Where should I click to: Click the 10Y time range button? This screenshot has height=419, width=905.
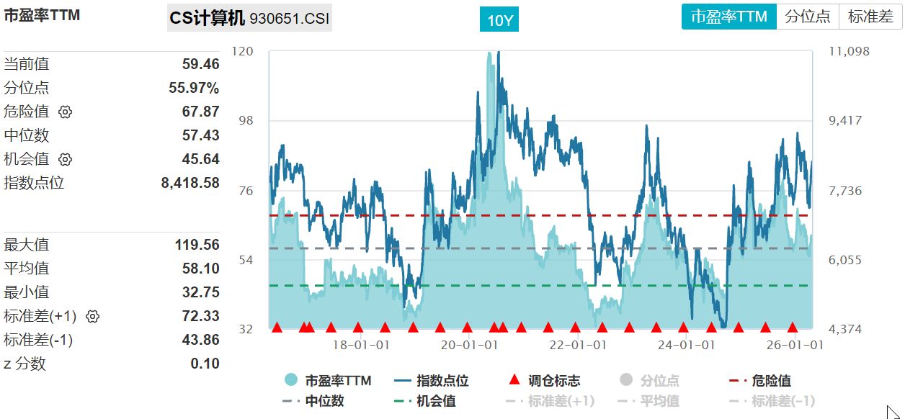coord(499,20)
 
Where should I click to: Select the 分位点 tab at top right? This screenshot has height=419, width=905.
coord(807,17)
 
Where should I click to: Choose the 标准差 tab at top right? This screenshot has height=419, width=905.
coord(870,17)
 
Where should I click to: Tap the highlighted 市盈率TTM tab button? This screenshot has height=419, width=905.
coord(729,17)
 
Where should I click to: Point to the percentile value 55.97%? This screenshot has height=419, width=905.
coord(194,88)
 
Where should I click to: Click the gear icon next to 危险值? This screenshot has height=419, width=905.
coord(66,112)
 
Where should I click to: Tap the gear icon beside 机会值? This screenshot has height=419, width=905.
coord(66,159)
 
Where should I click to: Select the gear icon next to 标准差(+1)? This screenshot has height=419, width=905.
coord(92,316)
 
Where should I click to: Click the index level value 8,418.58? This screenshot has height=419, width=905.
coord(190,183)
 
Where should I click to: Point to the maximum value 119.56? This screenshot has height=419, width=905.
coord(197,245)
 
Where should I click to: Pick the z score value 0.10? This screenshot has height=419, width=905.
coord(205,364)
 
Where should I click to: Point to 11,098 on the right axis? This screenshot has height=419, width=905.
coord(849,51)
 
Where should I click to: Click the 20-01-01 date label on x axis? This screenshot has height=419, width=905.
coord(469,345)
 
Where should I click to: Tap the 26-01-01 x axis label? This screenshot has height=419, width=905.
coord(794,345)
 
